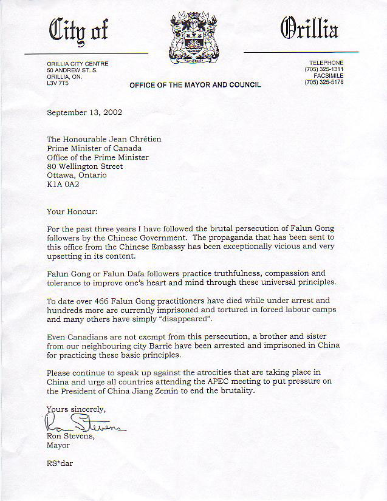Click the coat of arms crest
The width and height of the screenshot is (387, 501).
tap(194, 38)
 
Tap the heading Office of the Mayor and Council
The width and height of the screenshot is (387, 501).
tap(195, 85)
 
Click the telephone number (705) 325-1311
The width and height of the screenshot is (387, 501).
tap(325, 69)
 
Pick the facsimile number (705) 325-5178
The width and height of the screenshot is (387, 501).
tap(325, 82)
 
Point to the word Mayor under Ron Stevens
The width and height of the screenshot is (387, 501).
tap(58, 445)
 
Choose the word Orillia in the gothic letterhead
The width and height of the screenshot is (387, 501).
tap(309, 29)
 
